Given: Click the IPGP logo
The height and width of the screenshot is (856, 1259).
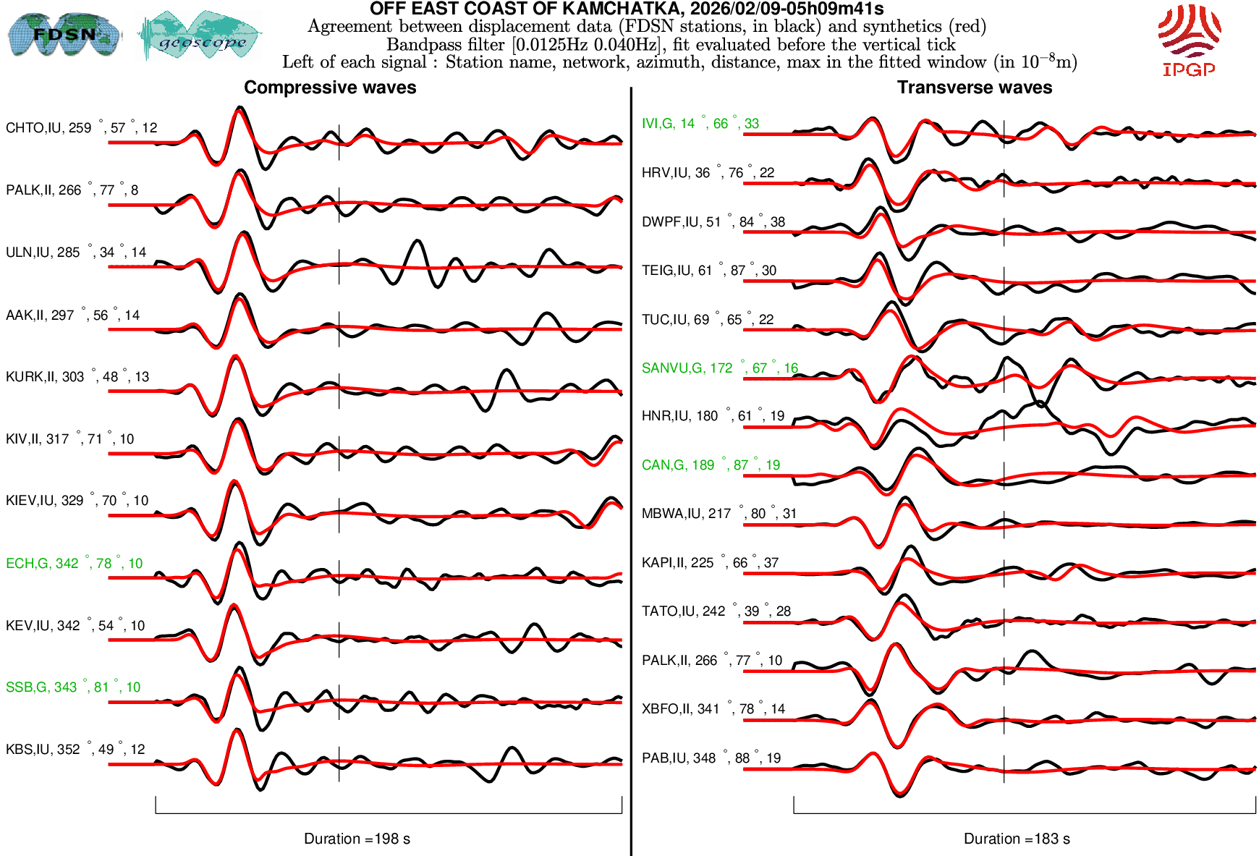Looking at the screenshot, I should [1189, 40].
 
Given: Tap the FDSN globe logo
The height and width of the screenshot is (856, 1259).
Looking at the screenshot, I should [64, 34].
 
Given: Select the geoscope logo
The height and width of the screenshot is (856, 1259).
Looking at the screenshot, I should [200, 35].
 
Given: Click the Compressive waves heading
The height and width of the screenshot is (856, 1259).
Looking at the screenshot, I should [330, 88].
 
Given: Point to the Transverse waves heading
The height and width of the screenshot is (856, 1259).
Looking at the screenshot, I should [974, 88].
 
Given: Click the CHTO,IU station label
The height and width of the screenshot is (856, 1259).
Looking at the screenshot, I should [81, 128].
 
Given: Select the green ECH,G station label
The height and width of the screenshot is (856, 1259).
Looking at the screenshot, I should [74, 564].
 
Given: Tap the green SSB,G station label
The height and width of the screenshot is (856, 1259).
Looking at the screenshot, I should [73, 687].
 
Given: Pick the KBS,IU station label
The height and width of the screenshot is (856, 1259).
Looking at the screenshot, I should [75, 750].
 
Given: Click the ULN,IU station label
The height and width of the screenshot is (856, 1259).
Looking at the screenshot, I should [76, 253].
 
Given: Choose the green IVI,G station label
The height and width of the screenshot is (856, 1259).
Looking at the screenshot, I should [700, 124].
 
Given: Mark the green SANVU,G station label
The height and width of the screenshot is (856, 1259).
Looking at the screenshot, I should [719, 368].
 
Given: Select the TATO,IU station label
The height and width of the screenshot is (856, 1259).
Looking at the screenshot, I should [716, 611].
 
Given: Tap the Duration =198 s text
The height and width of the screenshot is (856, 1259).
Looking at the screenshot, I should [357, 839].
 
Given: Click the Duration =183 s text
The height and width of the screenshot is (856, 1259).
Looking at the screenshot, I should [1017, 839].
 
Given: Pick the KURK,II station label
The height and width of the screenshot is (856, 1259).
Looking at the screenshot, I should [77, 377].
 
